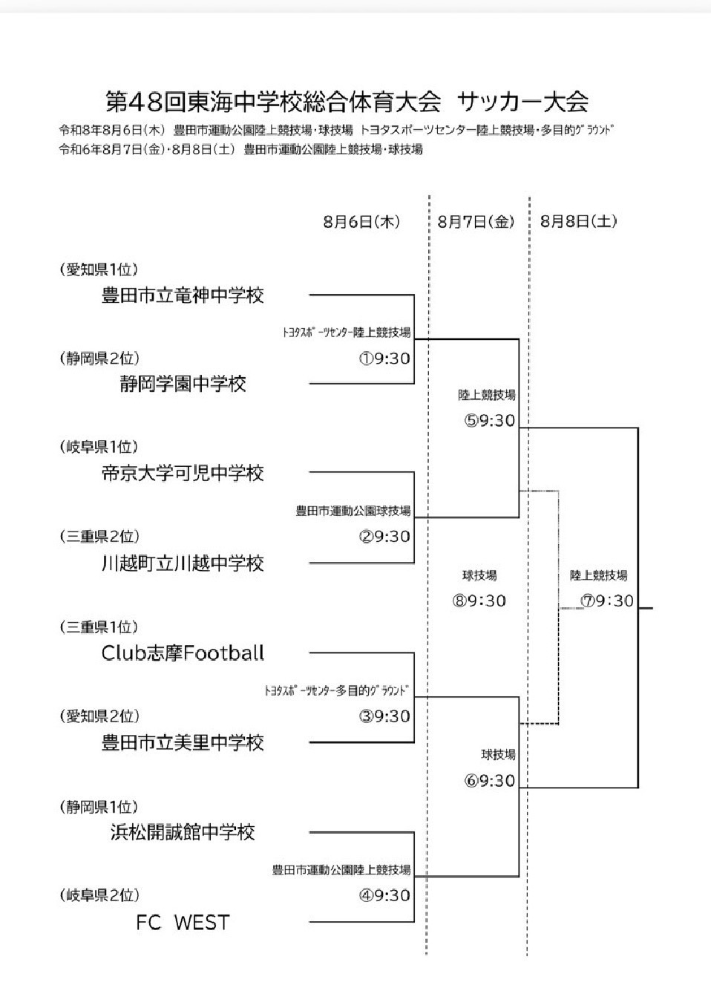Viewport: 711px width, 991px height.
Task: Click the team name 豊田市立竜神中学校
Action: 183,295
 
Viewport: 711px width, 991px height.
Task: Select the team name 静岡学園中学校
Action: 183,384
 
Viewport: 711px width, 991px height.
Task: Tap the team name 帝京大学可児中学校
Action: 183,474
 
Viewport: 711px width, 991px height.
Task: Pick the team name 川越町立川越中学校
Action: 183,563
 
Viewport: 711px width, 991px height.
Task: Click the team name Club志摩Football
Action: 183,653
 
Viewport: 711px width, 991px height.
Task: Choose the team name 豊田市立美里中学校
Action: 183,743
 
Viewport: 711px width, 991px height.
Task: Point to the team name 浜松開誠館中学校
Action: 183,832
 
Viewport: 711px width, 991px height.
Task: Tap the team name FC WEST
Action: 183,923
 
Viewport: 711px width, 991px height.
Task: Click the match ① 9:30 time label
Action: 384,359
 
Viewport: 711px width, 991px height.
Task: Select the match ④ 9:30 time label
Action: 384,895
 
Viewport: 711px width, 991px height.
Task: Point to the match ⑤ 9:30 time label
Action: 489,420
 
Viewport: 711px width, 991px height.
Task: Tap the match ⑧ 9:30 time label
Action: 479,601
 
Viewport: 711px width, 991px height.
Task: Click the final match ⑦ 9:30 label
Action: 607,601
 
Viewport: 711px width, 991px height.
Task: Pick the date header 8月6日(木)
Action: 361,222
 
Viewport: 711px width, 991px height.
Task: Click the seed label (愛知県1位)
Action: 99,269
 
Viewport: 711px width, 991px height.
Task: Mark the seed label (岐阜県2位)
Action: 99,895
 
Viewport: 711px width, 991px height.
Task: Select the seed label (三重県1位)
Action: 99,627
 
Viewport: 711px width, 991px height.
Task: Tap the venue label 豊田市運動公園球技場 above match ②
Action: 353,511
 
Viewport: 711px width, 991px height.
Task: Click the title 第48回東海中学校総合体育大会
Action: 273,102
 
